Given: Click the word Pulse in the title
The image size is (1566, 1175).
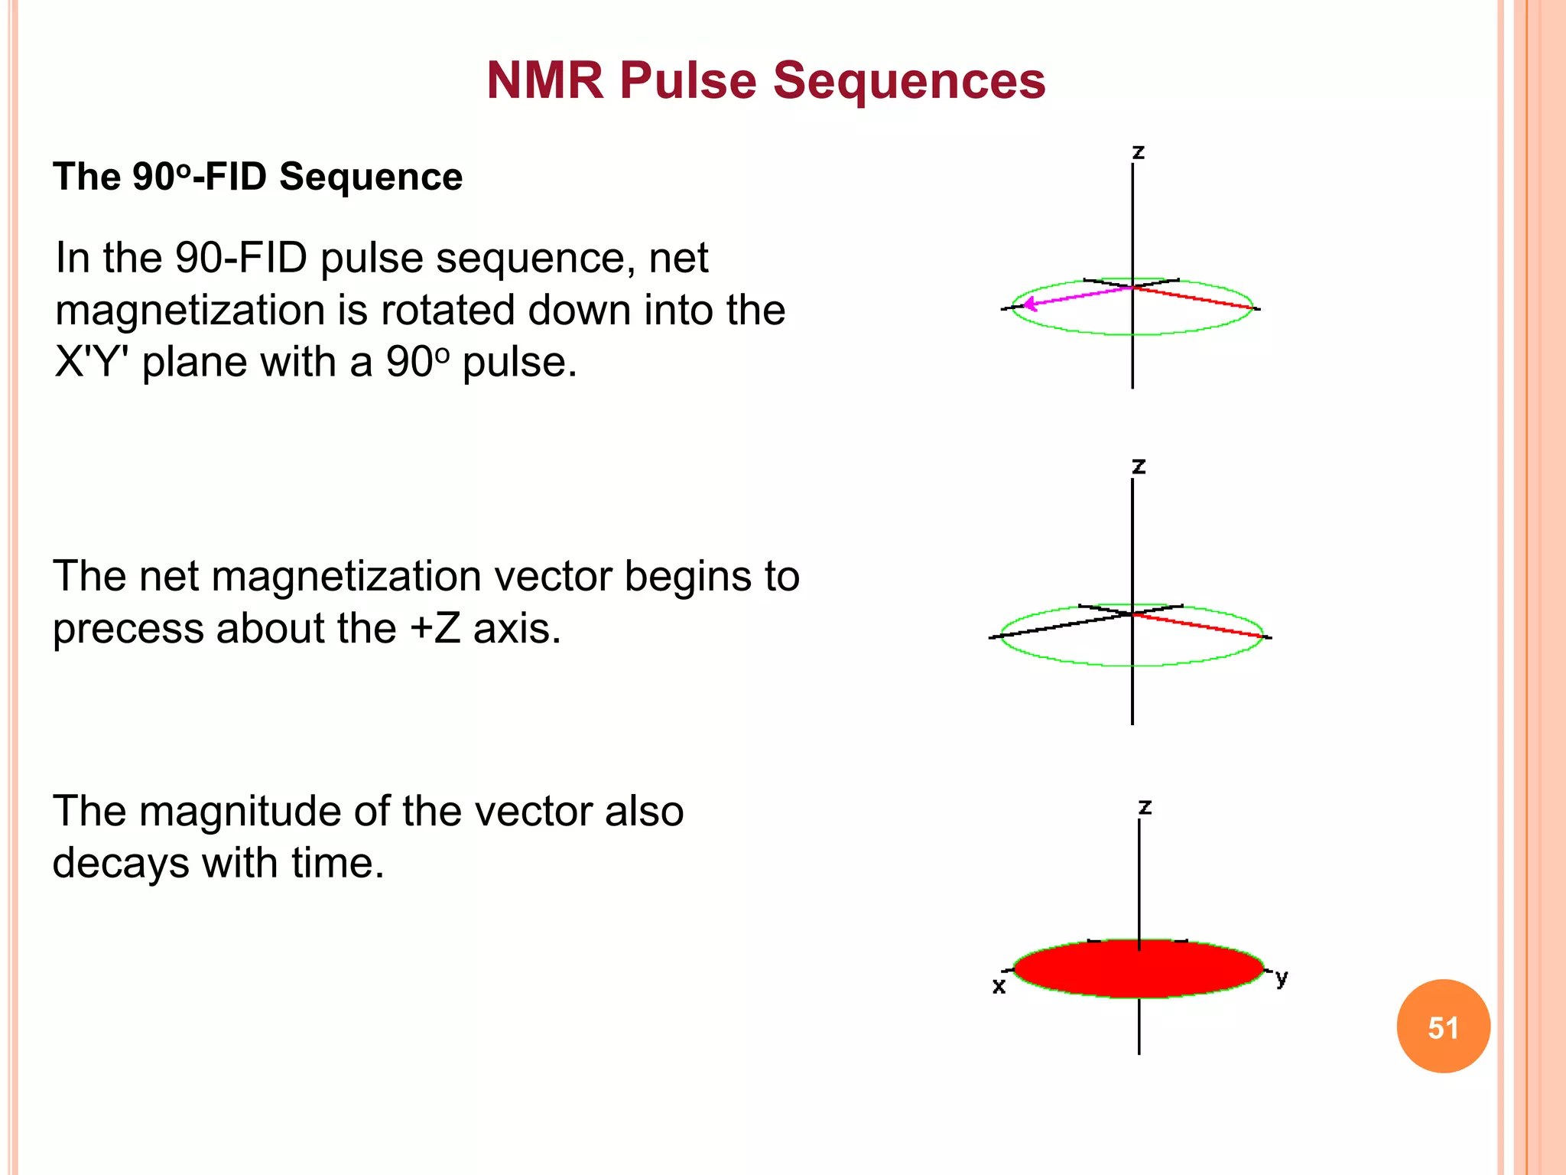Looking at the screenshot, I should (x=687, y=81).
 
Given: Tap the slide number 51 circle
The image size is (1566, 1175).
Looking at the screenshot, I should (x=1443, y=1026).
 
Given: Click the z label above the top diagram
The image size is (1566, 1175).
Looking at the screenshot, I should (x=1138, y=152).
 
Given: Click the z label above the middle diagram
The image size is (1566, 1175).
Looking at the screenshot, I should (x=1139, y=466).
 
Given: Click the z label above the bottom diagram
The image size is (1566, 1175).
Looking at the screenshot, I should (x=1145, y=807).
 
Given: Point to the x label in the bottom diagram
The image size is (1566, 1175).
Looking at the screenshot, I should (x=999, y=986).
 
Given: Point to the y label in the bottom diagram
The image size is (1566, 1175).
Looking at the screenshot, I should (x=1282, y=977).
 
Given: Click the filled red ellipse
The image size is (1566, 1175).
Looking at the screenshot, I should (x=1139, y=968).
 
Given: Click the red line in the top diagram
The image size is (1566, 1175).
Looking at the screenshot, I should (x=1193, y=298).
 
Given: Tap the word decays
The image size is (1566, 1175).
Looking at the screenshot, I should (x=121, y=864).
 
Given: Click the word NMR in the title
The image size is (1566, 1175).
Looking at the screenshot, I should (x=545, y=81).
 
